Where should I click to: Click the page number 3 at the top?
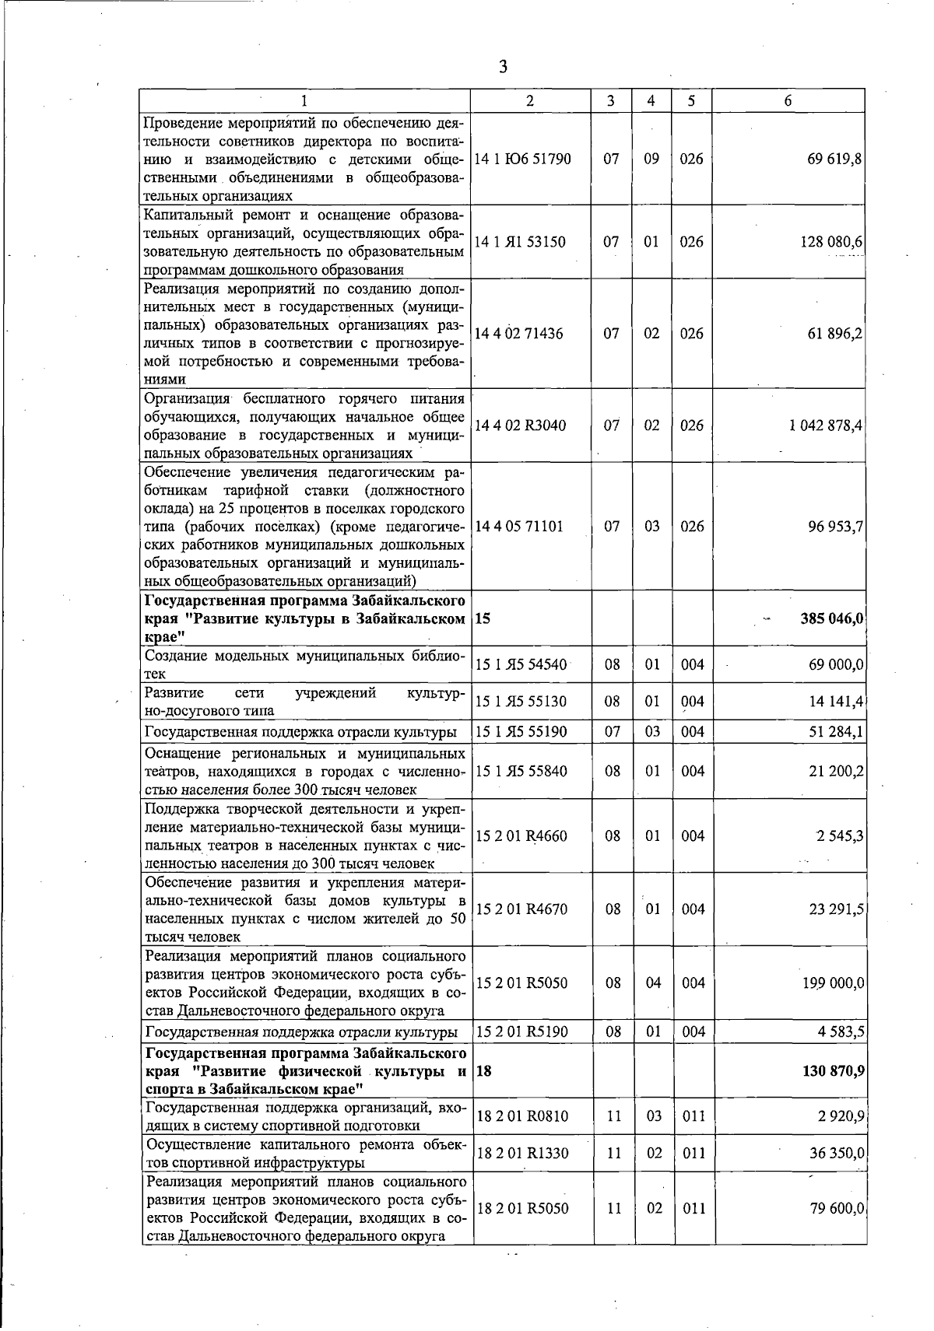pos(503,68)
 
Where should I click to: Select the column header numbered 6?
pos(788,101)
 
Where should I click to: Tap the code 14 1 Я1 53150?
pos(520,242)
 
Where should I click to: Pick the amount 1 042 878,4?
pos(826,426)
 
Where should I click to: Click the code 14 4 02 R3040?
pos(521,426)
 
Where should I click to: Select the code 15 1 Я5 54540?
pos(521,665)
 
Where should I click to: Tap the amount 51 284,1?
pos(836,732)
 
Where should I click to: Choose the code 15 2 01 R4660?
pos(521,836)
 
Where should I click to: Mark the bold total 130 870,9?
pos(832,1071)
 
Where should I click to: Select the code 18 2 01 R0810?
pos(521,1116)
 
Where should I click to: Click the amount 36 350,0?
pos(836,1154)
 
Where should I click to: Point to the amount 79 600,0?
pos(836,1209)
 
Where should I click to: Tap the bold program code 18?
pos(483,1071)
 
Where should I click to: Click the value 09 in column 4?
pos(651,159)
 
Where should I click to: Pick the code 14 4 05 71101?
pos(518,527)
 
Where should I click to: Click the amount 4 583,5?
pos(841,1032)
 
